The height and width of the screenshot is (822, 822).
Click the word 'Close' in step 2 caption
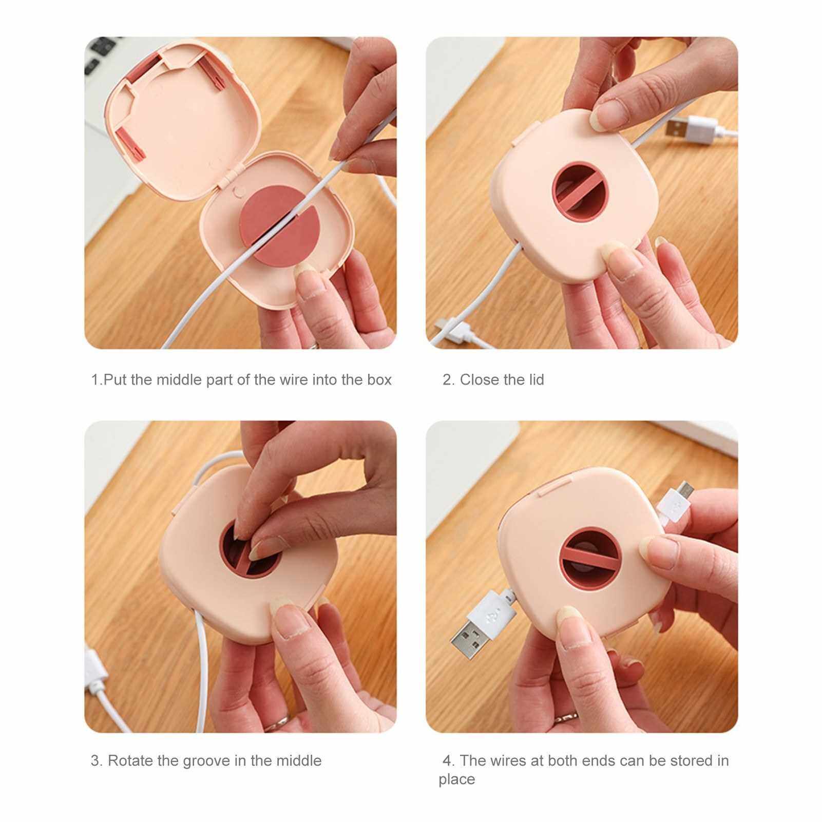pyautogui.click(x=480, y=380)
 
